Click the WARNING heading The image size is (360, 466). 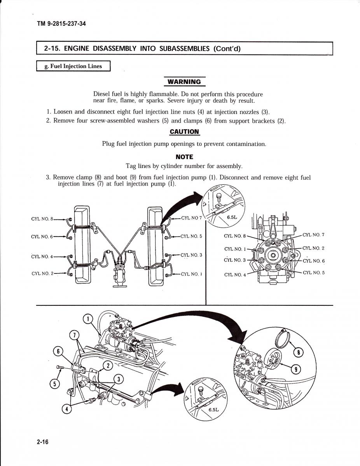tap(184, 82)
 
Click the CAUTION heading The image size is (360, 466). tap(184, 131)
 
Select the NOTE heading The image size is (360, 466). tap(184, 157)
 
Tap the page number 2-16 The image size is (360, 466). tap(42, 442)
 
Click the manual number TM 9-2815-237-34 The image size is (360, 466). tap(61, 24)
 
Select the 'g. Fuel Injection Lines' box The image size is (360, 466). tap(73, 66)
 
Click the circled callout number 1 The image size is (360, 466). tap(88, 319)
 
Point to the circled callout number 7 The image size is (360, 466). tap(74, 335)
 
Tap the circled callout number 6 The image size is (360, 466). tap(58, 352)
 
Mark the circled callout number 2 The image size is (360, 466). tap(108, 365)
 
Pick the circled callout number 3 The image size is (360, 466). tap(119, 379)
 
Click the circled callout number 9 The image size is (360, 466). tap(296, 369)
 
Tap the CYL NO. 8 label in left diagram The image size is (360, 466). tap(42, 219)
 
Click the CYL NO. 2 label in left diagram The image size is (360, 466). tap(42, 273)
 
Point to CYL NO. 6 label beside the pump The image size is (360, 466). tap(313, 261)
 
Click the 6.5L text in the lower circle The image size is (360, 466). tap(213, 410)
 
